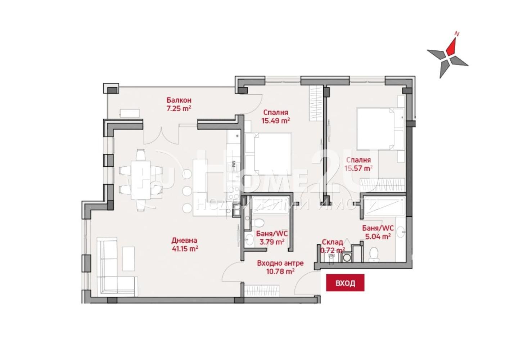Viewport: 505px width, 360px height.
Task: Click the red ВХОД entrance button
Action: tap(345, 283)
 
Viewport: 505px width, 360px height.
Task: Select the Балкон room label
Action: tap(179, 100)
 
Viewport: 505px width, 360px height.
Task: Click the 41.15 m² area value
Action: tap(185, 249)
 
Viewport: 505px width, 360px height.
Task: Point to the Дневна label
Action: tap(184, 240)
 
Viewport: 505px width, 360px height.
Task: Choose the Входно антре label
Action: tap(280, 263)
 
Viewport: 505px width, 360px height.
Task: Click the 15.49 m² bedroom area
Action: tap(275, 121)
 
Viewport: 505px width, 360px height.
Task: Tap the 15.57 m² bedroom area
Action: tap(359, 168)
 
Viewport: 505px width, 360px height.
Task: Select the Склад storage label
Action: tap(333, 242)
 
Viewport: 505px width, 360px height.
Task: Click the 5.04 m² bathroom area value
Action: tap(378, 237)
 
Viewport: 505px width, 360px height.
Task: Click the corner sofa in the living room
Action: tap(113, 267)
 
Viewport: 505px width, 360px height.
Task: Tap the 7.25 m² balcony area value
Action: tap(179, 109)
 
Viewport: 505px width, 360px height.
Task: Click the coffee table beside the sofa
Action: tap(128, 258)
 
